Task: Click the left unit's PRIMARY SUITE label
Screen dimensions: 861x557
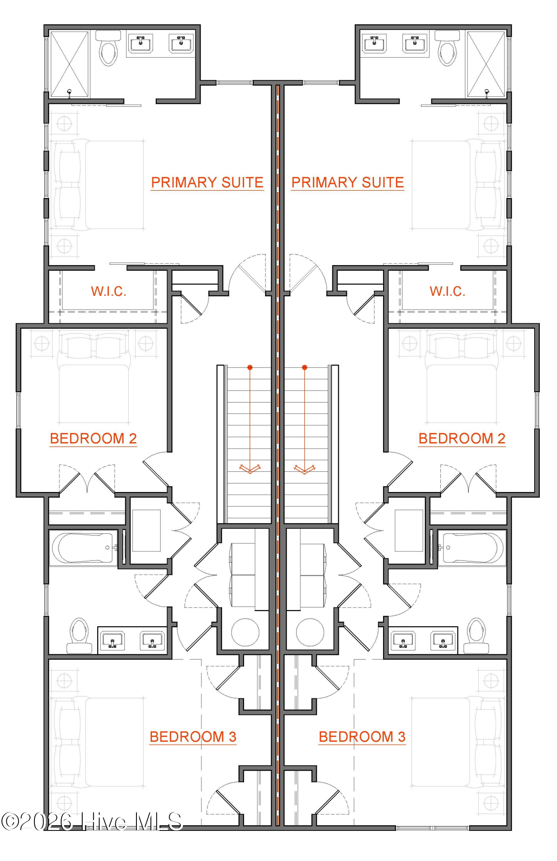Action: pos(207,183)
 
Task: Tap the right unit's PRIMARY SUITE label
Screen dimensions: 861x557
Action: pos(347,183)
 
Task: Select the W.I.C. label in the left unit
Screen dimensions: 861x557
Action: pos(108,291)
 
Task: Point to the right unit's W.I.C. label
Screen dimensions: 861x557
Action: pos(447,291)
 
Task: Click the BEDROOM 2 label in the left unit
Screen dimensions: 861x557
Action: pos(93,439)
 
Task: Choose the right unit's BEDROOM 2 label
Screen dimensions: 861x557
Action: pos(461,439)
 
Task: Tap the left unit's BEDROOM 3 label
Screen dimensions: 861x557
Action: pos(193,737)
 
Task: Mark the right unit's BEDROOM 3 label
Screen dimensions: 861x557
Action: pos(362,737)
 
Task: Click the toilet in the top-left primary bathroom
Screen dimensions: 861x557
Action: pos(108,49)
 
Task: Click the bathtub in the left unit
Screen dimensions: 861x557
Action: pos(84,548)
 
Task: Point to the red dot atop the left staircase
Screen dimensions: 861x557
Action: pos(250,367)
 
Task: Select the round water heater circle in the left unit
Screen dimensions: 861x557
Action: pos(245,632)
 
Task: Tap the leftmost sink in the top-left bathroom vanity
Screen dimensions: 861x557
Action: pos(141,43)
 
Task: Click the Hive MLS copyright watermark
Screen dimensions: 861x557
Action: pos(92,821)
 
